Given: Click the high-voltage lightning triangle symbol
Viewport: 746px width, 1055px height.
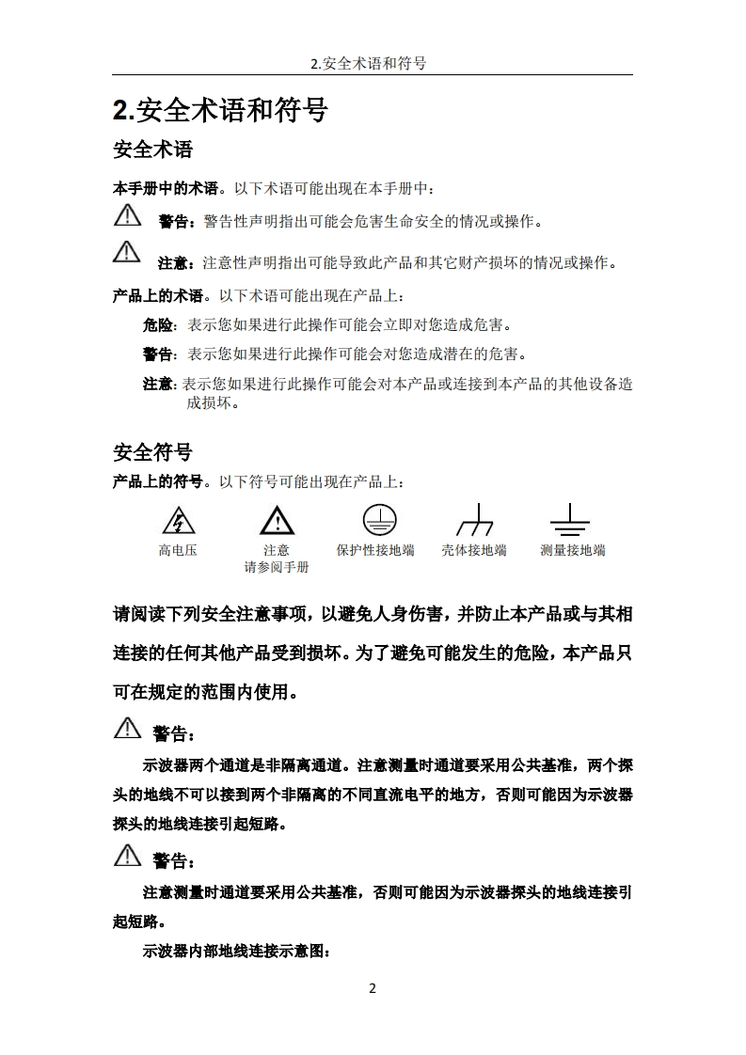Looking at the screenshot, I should click(177, 520).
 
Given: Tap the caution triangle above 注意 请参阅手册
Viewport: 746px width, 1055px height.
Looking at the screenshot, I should click(277, 520).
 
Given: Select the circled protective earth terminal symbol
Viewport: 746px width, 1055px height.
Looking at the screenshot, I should click(379, 519).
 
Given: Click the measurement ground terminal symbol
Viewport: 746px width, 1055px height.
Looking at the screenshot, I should click(570, 520).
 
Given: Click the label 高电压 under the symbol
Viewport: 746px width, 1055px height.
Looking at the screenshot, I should click(178, 550).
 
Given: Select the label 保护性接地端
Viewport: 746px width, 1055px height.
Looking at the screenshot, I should click(375, 550).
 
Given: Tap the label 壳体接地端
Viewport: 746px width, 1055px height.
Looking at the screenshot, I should click(474, 550).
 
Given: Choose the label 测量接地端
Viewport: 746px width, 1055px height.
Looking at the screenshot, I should click(572, 550).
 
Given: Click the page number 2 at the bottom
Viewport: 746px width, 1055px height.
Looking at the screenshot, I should click(373, 987).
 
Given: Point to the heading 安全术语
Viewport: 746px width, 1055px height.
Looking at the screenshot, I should click(152, 150).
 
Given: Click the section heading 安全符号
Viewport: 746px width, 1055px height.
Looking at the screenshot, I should click(152, 452).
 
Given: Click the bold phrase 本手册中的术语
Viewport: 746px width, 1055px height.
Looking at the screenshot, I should click(165, 188).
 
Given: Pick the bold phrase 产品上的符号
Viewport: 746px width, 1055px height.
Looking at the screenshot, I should click(157, 481).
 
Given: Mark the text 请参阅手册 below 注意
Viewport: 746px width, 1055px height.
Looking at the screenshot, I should click(277, 567).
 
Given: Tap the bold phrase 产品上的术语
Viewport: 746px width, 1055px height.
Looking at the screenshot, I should click(157, 296).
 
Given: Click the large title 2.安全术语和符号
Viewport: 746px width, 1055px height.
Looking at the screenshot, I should click(220, 111).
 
